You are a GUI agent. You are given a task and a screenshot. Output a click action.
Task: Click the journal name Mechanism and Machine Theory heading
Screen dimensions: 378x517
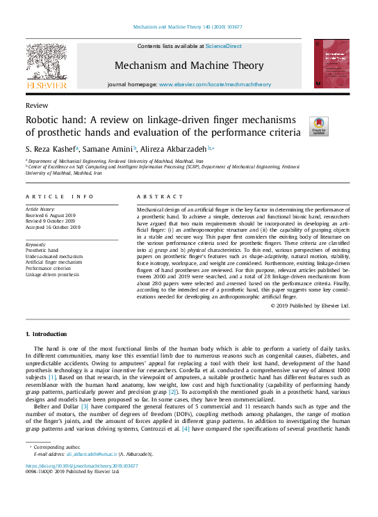188,65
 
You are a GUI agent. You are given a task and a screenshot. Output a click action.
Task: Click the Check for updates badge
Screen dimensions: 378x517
318,125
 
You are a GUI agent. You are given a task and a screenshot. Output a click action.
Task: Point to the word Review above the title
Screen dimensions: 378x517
36,105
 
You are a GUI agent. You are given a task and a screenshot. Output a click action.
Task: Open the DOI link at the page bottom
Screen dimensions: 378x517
81,466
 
